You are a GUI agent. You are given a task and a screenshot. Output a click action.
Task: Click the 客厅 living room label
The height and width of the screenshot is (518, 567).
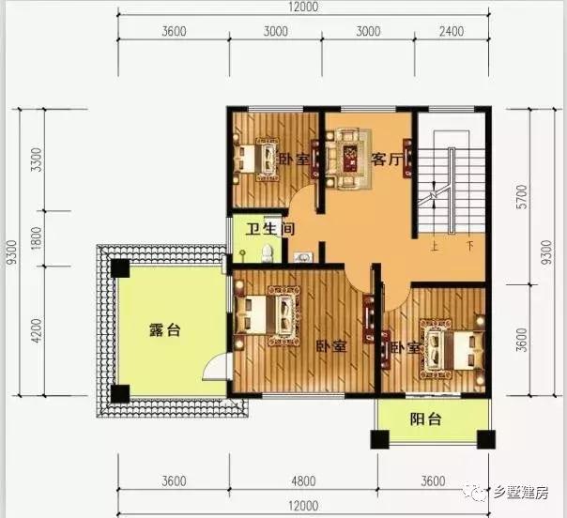(388, 160)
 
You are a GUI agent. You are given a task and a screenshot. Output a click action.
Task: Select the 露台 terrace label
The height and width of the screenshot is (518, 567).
(163, 330)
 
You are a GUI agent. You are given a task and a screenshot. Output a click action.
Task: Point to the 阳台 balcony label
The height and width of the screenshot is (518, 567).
(426, 419)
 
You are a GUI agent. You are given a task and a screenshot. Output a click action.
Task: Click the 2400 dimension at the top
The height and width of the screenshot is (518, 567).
(452, 31)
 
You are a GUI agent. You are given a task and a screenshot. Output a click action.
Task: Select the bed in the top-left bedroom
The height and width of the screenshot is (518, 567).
(253, 159)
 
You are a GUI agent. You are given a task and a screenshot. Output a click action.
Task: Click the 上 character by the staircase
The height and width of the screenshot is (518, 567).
(435, 249)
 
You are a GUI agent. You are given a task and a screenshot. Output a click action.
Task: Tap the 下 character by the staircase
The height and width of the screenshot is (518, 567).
(469, 249)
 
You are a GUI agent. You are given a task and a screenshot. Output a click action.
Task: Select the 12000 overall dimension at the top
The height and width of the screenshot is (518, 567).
(305, 8)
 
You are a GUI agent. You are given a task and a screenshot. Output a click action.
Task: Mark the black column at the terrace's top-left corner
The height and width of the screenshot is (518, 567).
(120, 267)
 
